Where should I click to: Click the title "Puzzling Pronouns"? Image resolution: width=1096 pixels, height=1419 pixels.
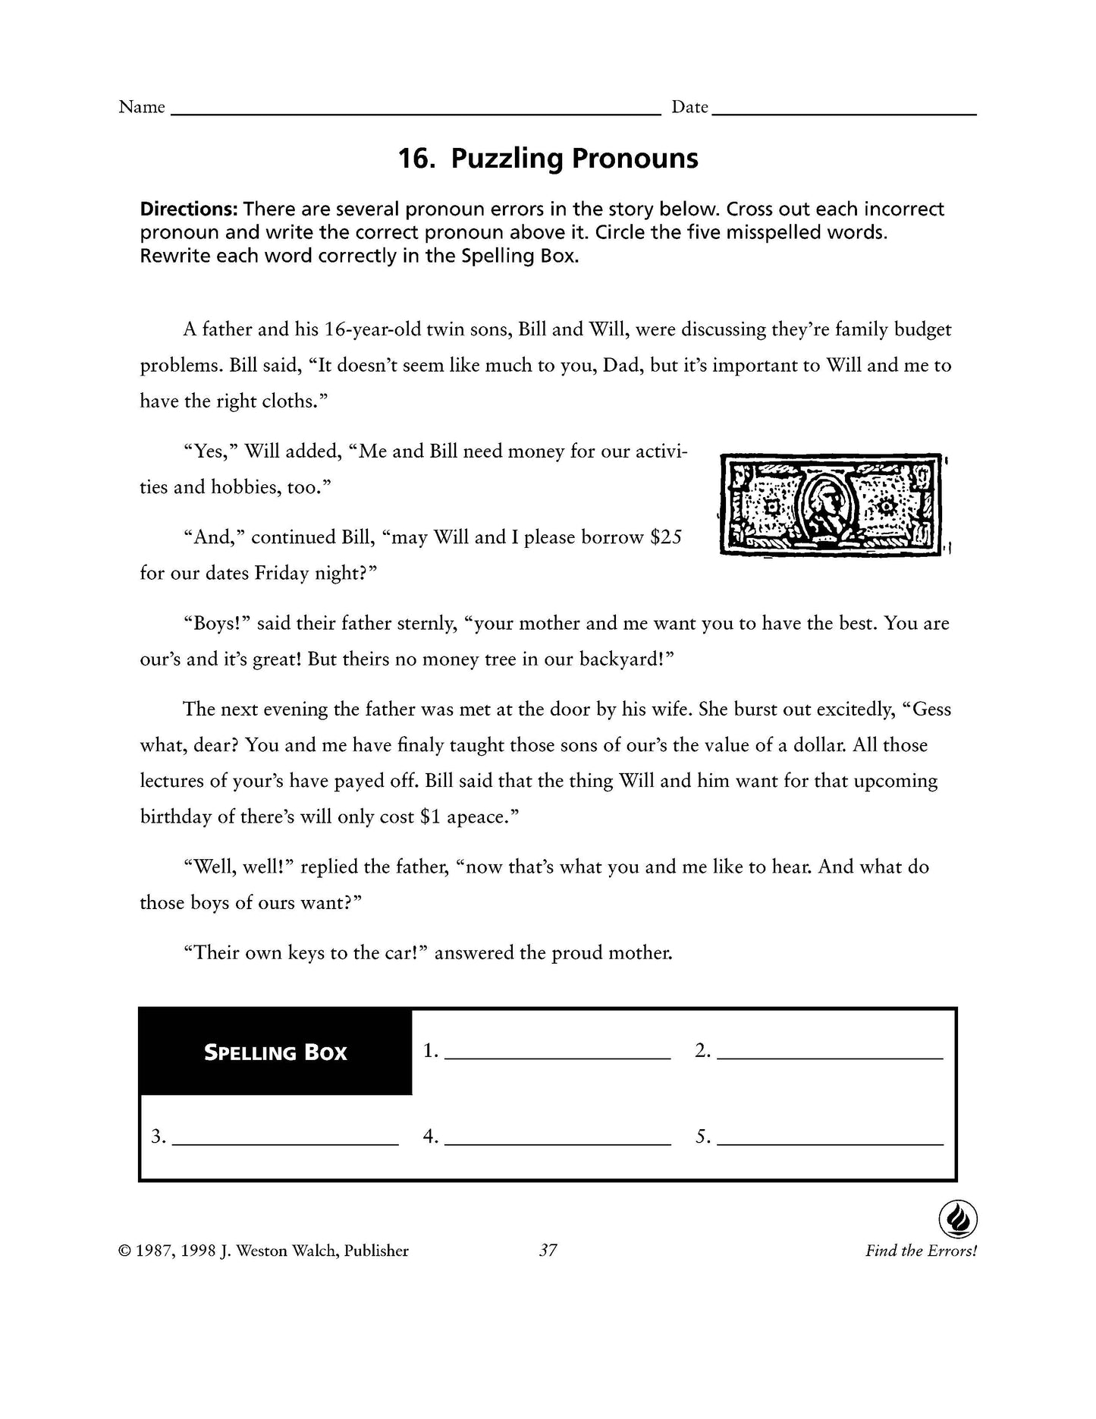pos(548,159)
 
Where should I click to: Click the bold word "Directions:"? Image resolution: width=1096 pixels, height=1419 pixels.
pos(189,209)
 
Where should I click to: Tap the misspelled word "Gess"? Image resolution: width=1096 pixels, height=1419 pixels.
pos(932,709)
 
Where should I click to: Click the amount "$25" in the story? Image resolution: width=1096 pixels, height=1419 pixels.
pos(667,537)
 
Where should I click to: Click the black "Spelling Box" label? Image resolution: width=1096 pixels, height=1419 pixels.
pos(275,1052)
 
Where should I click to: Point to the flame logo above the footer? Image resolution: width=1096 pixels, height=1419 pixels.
pos(957,1221)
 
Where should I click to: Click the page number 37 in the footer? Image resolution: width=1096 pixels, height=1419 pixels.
pos(548,1251)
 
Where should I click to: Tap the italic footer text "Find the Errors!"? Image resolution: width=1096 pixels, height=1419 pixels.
pos(921,1251)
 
